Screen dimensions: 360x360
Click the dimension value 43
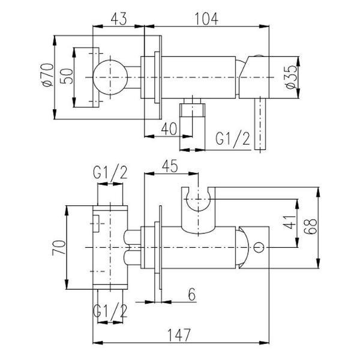point(118,19)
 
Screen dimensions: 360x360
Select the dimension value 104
point(206,19)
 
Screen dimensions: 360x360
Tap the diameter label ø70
point(47,75)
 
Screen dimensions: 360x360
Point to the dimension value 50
point(67,76)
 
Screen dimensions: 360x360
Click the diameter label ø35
point(292,77)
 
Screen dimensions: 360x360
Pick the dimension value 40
point(169,128)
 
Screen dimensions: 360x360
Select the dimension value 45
point(170,166)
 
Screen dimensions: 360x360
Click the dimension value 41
point(290,222)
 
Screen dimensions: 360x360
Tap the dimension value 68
point(310,227)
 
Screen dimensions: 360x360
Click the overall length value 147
point(179,335)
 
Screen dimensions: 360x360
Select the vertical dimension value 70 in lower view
point(59,248)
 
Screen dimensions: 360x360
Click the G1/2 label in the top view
point(233,139)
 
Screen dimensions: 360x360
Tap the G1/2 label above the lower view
point(110,172)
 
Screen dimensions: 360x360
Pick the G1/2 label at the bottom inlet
point(110,310)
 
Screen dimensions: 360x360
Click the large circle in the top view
point(110,77)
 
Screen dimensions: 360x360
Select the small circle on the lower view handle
point(259,247)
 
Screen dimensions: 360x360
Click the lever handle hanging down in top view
point(260,124)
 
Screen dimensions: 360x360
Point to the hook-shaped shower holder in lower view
point(198,210)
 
